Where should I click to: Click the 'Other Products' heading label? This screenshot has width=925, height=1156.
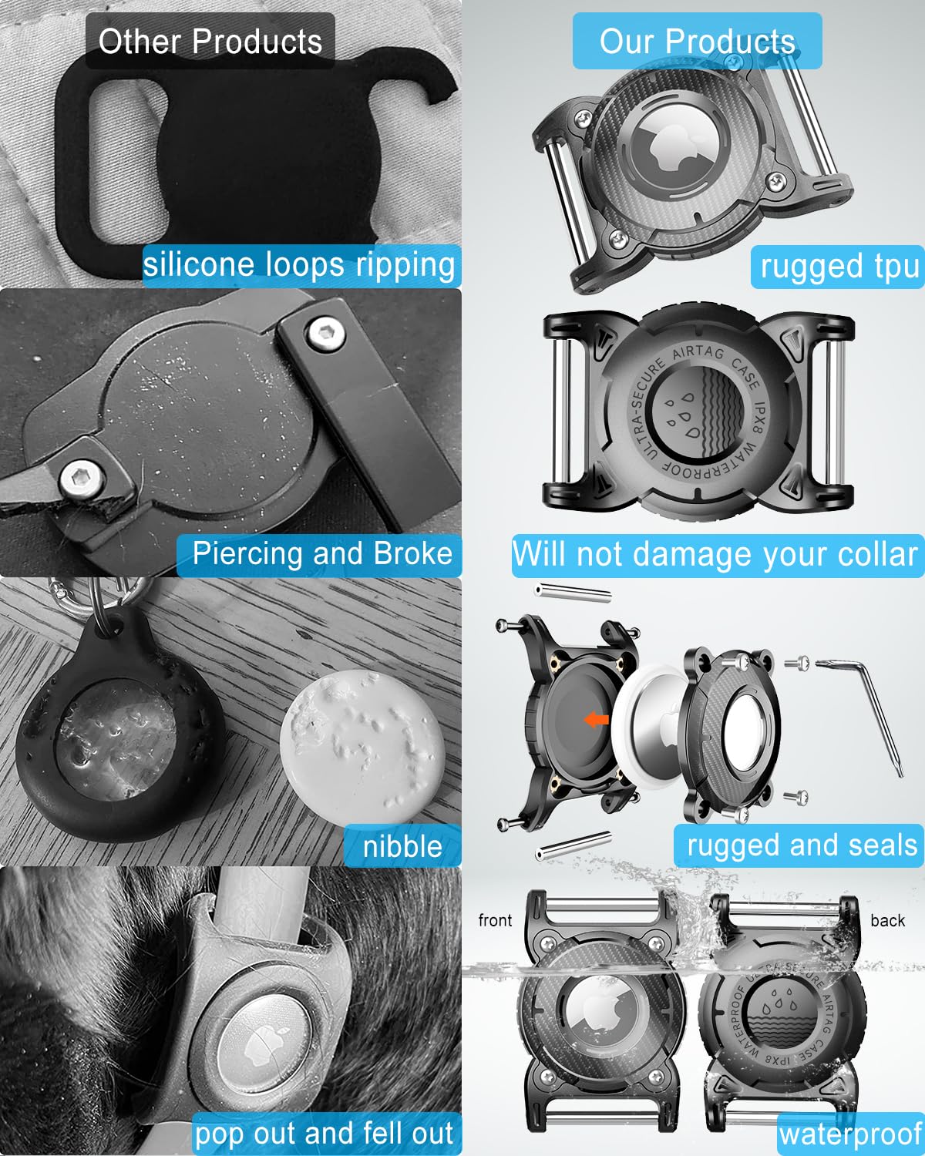click(x=210, y=42)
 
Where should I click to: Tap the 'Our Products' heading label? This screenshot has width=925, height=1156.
click(x=697, y=42)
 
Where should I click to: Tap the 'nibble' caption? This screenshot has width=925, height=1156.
click(x=402, y=847)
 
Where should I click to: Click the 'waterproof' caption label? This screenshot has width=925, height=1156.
click(x=851, y=1134)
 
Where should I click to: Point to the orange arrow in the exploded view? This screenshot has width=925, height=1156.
click(x=596, y=719)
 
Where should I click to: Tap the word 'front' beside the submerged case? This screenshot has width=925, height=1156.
click(x=495, y=920)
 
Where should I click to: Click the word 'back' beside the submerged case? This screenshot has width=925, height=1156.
click(x=887, y=920)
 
